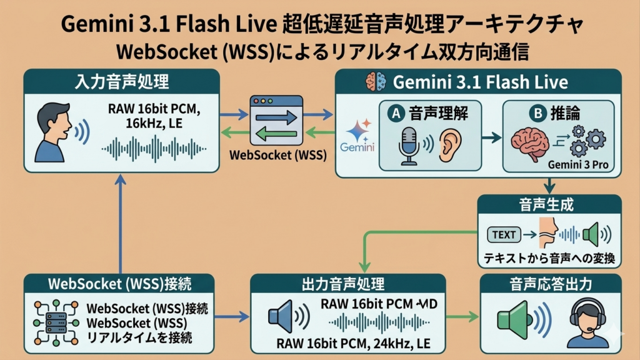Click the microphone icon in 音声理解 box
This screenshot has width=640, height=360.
pos(409,145)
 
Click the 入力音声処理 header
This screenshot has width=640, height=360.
pos(121,81)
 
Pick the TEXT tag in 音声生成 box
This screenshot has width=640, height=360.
pos(504,235)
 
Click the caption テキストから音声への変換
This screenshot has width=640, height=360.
pos(549,258)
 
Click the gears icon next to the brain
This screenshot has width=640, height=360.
pos(586,142)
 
